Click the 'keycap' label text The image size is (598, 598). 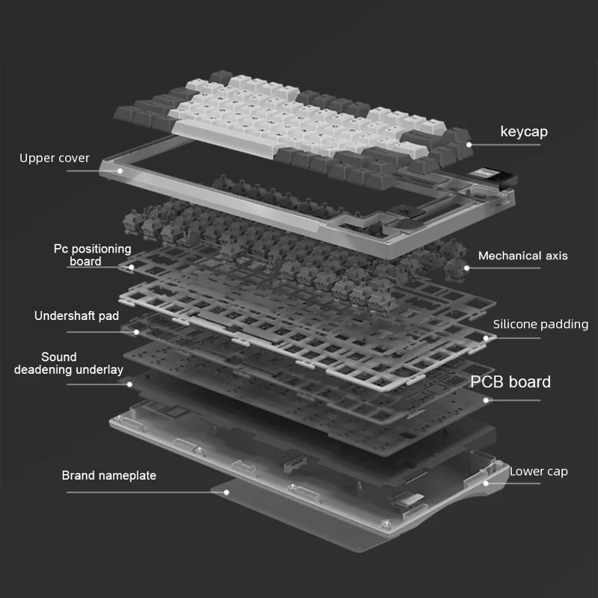click(x=523, y=132)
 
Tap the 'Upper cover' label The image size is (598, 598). click(x=54, y=158)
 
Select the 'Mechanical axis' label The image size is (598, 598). click(x=523, y=256)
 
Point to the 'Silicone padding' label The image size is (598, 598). click(x=540, y=324)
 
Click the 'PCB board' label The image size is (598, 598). click(x=510, y=382)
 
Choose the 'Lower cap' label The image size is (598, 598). click(x=538, y=472)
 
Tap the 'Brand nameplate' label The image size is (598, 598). click(x=109, y=475)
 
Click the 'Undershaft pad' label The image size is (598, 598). click(x=76, y=315)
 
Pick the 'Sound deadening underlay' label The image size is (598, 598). click(x=69, y=363)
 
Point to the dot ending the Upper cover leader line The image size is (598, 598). click(x=120, y=171)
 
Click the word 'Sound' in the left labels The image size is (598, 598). click(x=59, y=357)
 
